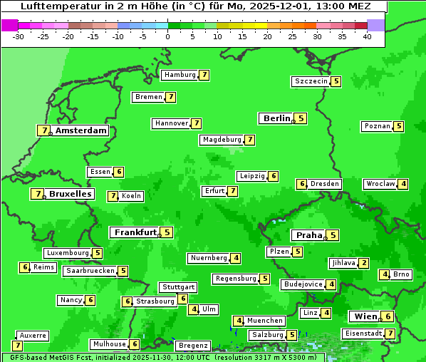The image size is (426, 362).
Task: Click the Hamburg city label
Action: coord(179,75)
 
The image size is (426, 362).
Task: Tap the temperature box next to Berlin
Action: coord(301,118)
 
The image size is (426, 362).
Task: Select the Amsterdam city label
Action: coord(81,130)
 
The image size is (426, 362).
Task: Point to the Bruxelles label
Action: coord(70,194)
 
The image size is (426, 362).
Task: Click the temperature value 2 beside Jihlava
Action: coord(364,263)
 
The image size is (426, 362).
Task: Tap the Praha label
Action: coord(309,235)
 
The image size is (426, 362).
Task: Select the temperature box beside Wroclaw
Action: coord(403,184)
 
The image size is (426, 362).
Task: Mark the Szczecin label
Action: coord(311,81)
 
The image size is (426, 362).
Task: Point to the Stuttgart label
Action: coord(178,287)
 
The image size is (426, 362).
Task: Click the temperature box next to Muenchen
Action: coord(239,321)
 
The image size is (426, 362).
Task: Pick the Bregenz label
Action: coord(192,346)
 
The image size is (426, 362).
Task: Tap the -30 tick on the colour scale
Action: coord(19,36)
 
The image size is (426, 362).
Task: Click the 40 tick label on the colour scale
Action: coord(367,36)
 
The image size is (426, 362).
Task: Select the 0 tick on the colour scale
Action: coord(168,36)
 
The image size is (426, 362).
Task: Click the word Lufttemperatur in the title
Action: coord(53,6)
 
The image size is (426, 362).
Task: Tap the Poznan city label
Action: coord(378,126)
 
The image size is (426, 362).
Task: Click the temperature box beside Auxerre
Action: coord(17,346)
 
